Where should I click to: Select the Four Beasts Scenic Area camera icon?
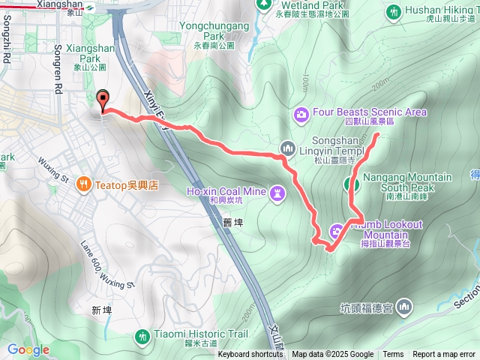[301, 114]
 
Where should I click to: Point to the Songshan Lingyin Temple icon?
[286, 147]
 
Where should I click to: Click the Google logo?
[28, 349]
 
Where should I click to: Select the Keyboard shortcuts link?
[250, 355]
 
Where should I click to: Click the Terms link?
[393, 355]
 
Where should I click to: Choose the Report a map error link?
[444, 355]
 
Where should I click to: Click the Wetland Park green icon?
[264, 5]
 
